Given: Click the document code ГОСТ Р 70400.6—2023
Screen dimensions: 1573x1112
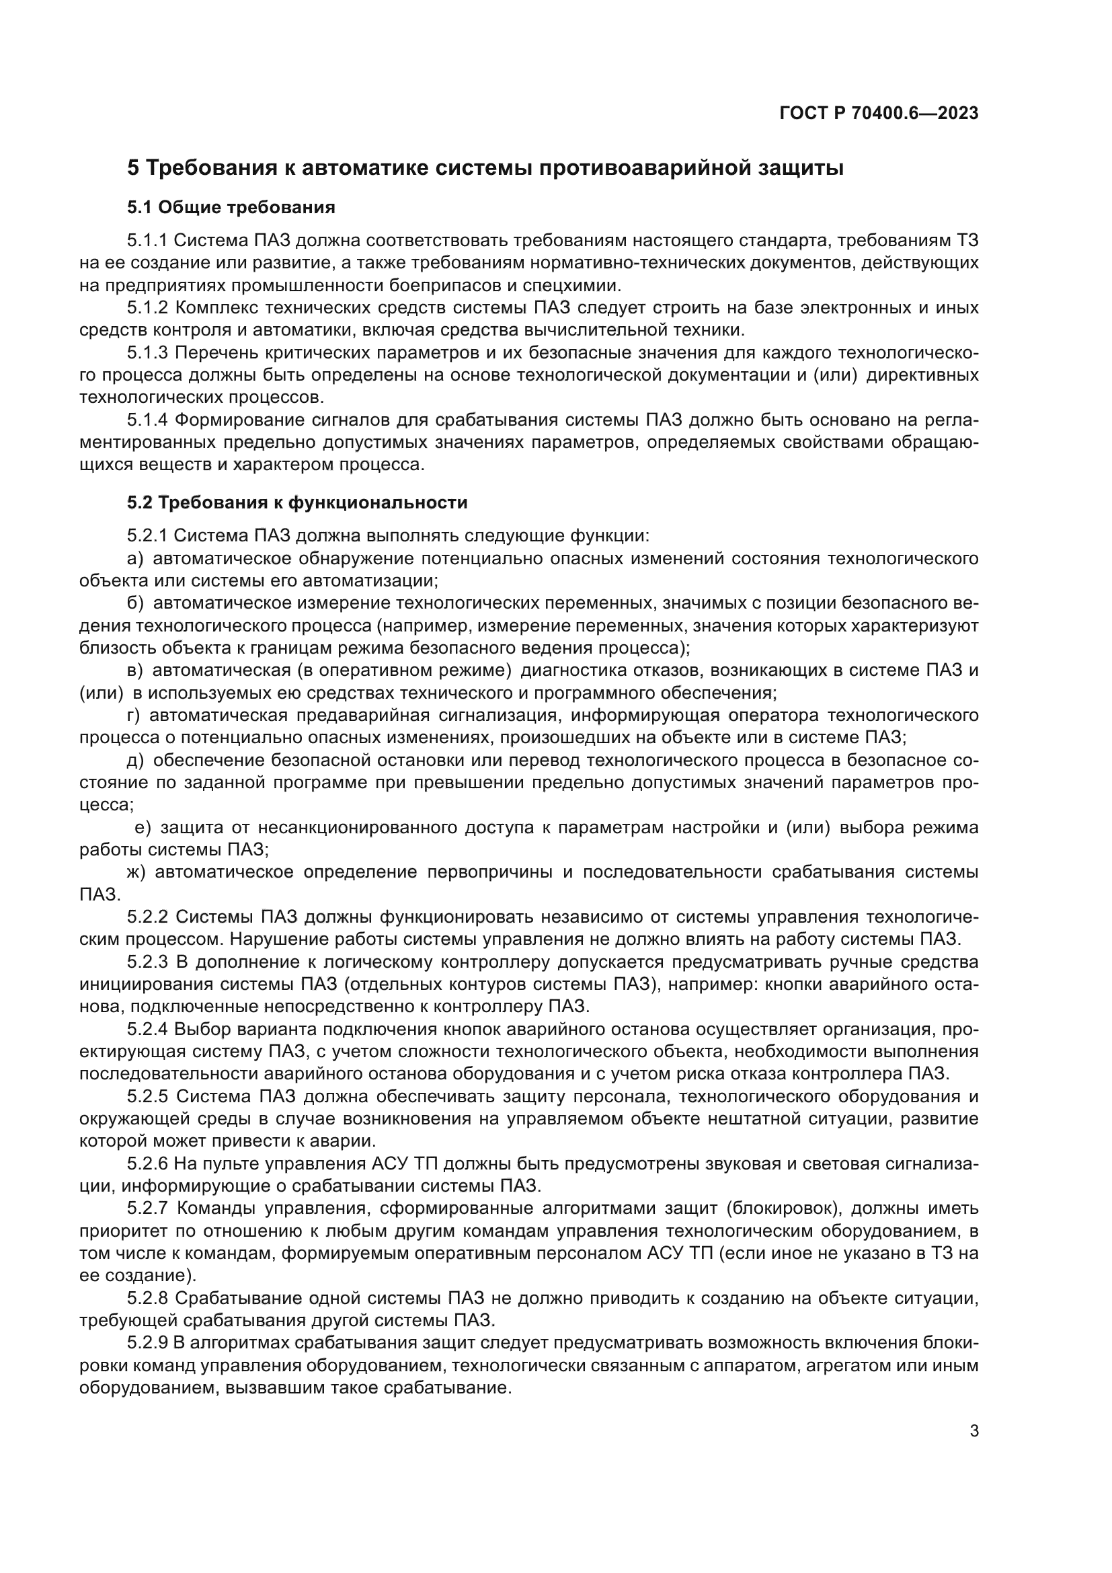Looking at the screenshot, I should pyautogui.click(x=879, y=114).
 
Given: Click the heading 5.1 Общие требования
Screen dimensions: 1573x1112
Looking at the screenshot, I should pyautogui.click(x=231, y=207).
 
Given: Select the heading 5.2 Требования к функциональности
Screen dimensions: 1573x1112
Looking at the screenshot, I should pyautogui.click(x=296, y=502).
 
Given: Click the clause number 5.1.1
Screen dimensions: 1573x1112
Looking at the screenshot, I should pyautogui.click(x=147, y=241).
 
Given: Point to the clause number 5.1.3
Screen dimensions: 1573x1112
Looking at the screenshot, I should pyautogui.click(x=147, y=353).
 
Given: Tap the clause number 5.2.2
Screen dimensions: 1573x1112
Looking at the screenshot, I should pyautogui.click(x=147, y=917).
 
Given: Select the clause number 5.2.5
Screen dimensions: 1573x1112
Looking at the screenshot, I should pyautogui.click(x=147, y=1096).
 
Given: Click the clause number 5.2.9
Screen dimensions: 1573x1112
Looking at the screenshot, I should pyautogui.click(x=147, y=1343).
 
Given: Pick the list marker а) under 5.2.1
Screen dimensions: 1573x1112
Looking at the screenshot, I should pyautogui.click(x=135, y=558).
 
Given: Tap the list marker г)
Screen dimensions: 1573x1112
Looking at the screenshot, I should pyautogui.click(x=134, y=716).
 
